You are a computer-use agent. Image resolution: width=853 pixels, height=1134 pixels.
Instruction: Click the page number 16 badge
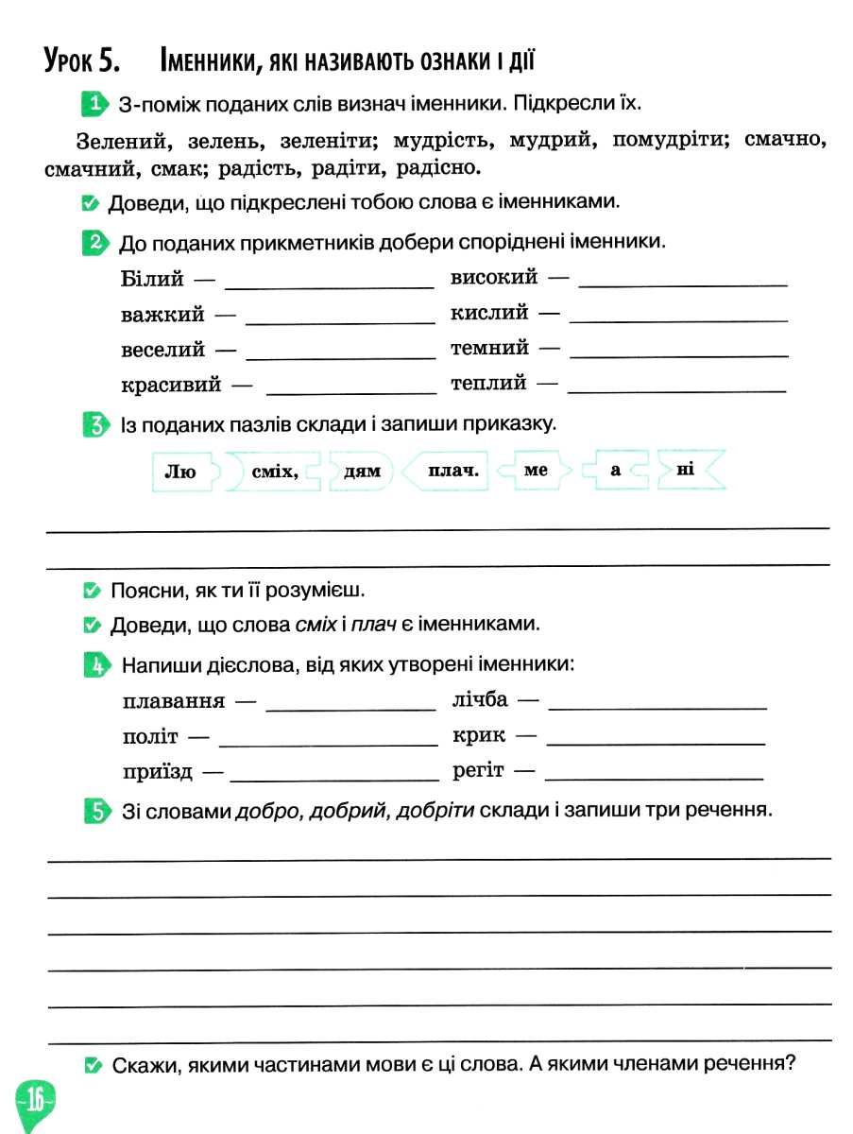tap(35, 1100)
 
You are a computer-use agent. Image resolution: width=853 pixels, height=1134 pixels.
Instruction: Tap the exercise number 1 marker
tap(94, 102)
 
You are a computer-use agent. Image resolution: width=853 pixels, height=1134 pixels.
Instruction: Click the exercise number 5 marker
tap(95, 811)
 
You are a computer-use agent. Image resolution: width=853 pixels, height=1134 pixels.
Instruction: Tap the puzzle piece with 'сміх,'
tap(274, 470)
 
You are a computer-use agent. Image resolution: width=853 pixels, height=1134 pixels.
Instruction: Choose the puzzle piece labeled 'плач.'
tap(449, 470)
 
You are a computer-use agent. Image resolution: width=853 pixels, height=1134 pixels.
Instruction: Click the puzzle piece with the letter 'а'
tap(615, 470)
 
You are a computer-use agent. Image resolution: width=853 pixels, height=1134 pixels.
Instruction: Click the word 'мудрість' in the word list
tap(443, 142)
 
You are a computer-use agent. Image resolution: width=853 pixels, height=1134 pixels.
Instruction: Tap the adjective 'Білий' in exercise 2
tap(153, 279)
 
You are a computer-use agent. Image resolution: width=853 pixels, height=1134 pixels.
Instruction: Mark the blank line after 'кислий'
tap(678, 320)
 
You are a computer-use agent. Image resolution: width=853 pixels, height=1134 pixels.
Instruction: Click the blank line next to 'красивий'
tap(351, 391)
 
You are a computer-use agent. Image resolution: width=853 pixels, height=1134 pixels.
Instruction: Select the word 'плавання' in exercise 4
tap(174, 702)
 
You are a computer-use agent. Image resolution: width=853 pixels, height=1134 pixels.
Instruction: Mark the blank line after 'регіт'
tap(654, 777)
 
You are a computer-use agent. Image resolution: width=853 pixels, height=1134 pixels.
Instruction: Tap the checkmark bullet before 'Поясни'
tap(92, 592)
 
